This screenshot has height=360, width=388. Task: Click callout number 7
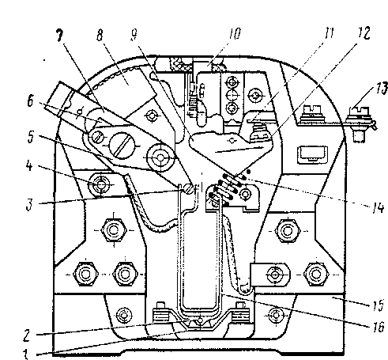60,36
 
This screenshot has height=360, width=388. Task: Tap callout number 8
100,35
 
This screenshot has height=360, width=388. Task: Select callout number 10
235,34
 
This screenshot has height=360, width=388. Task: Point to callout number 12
364,32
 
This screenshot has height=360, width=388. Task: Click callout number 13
382,89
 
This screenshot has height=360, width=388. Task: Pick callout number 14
378,207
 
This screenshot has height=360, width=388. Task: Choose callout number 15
379,305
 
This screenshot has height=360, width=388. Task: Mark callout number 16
379,327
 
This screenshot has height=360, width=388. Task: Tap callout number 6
31,101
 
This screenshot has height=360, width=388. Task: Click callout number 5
31,137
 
